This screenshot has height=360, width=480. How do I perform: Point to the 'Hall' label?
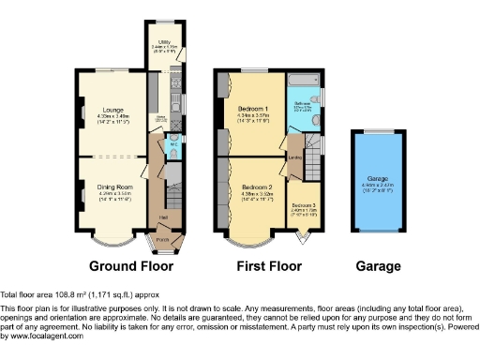click(163, 218)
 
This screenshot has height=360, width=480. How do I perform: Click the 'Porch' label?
click(163, 240)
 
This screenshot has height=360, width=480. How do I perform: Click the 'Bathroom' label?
click(303, 103)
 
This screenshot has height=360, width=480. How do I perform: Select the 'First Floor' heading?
click(269, 266)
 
